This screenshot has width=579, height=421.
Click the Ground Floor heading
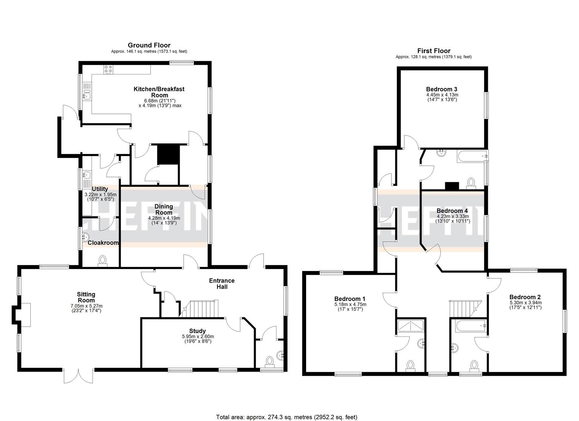pos(149,45)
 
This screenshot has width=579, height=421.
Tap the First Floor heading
pos(434,51)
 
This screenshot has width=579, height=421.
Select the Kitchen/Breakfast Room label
pos(159,92)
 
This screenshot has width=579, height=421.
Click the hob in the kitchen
pos(108,69)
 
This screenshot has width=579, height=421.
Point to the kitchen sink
pos(87,95)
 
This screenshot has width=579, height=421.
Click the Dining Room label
pos(163,209)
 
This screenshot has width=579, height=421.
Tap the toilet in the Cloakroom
pos(103,260)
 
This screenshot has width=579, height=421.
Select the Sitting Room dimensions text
pos(86,308)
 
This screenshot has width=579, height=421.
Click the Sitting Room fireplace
pos(23,315)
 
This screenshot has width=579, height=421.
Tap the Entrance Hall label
pos(222,283)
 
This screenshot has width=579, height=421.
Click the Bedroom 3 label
pos(441,89)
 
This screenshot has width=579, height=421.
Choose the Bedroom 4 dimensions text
pos(453,219)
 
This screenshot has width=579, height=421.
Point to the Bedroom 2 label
pos(525,297)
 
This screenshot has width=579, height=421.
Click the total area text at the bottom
pos(287,417)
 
